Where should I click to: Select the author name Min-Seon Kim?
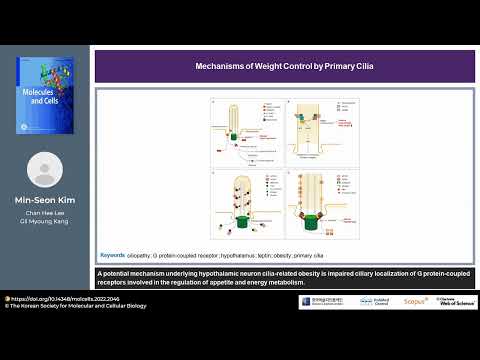[45, 200]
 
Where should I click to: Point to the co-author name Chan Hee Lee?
[45, 212]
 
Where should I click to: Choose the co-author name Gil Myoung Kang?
[45, 221]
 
